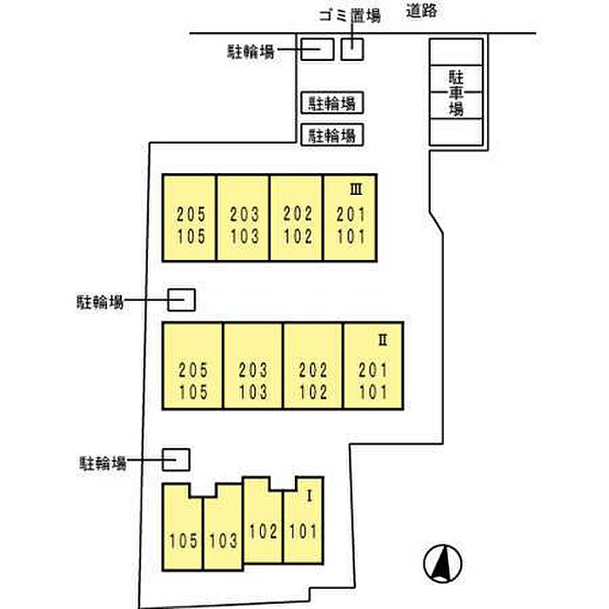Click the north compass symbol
(441, 562)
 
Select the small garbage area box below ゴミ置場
(351, 49)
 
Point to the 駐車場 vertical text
(456, 91)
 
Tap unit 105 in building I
(184, 540)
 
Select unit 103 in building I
(223, 540)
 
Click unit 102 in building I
(263, 529)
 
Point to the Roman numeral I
(309, 496)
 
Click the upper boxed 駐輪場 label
(331, 104)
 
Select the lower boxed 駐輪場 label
(331, 135)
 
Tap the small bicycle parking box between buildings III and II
(181, 300)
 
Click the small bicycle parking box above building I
(177, 458)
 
